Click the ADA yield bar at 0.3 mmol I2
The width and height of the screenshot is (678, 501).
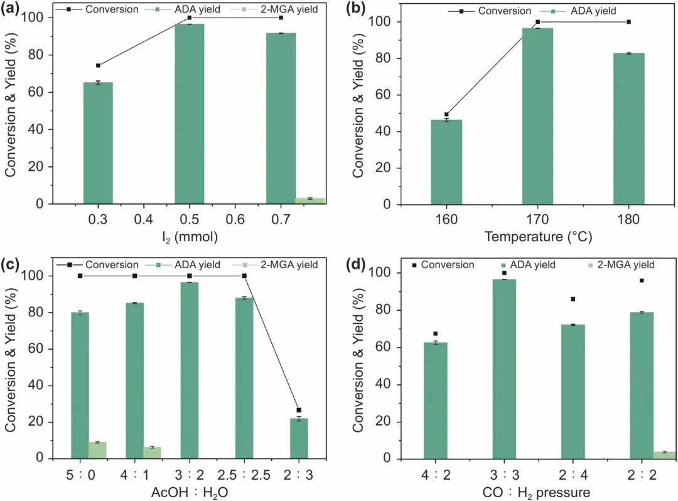pyautogui.click(x=98, y=143)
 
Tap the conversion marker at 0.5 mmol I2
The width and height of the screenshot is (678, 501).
pyautogui.click(x=190, y=18)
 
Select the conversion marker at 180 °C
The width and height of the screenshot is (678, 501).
pyautogui.click(x=628, y=22)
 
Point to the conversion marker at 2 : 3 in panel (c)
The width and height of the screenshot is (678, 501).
pyautogui.click(x=299, y=410)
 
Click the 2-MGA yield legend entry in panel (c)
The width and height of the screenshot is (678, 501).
pyautogui.click(x=286, y=264)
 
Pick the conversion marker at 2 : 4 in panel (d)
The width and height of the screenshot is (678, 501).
pyautogui.click(x=573, y=299)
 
